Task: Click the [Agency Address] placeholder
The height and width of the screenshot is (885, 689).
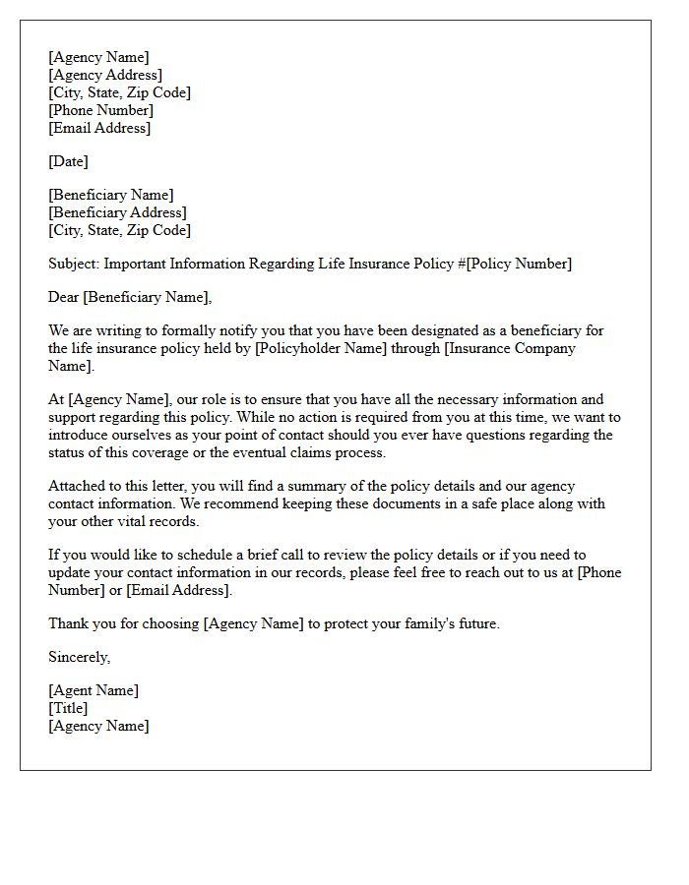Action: pos(105,75)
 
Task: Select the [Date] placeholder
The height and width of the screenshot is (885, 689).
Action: pos(68,161)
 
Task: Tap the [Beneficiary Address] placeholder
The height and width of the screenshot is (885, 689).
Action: pos(117,212)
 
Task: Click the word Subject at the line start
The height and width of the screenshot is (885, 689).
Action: pos(73,264)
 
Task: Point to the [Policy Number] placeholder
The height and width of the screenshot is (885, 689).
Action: pos(519,264)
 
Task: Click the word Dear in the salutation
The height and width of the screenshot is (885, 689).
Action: pos(64,297)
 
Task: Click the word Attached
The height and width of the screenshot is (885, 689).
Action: pos(78,486)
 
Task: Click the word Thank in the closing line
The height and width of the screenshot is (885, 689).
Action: pos(69,623)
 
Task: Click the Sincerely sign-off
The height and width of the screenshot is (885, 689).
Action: pos(79,657)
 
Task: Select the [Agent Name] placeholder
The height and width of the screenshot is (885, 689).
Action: pos(94,690)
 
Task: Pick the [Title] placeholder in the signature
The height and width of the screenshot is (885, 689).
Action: pos(68,708)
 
